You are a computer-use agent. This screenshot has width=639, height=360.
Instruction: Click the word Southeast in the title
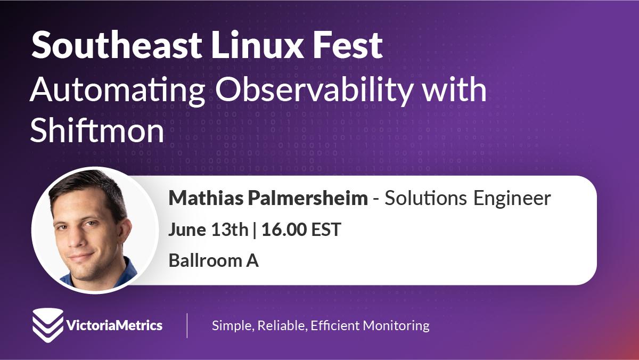coord(117,45)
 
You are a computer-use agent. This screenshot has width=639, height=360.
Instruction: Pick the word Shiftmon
coord(97,130)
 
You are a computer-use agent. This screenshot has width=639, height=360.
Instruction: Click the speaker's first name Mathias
coord(206,198)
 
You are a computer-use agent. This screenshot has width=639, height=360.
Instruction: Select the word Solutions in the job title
coord(425,198)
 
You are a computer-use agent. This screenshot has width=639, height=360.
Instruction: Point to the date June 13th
coord(209,230)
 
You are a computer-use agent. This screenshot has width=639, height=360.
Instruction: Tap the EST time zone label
coord(326,230)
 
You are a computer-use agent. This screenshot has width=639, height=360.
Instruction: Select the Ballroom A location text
coord(214,260)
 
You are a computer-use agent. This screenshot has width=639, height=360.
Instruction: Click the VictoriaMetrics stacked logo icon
coord(48,325)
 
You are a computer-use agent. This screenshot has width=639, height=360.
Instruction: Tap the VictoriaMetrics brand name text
coord(114,325)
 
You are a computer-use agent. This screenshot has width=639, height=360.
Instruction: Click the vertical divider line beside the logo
coord(187,325)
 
